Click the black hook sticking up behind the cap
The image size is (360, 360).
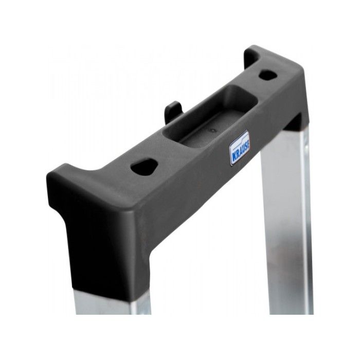coord(173,111)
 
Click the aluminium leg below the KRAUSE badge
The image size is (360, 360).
coord(285,216)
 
